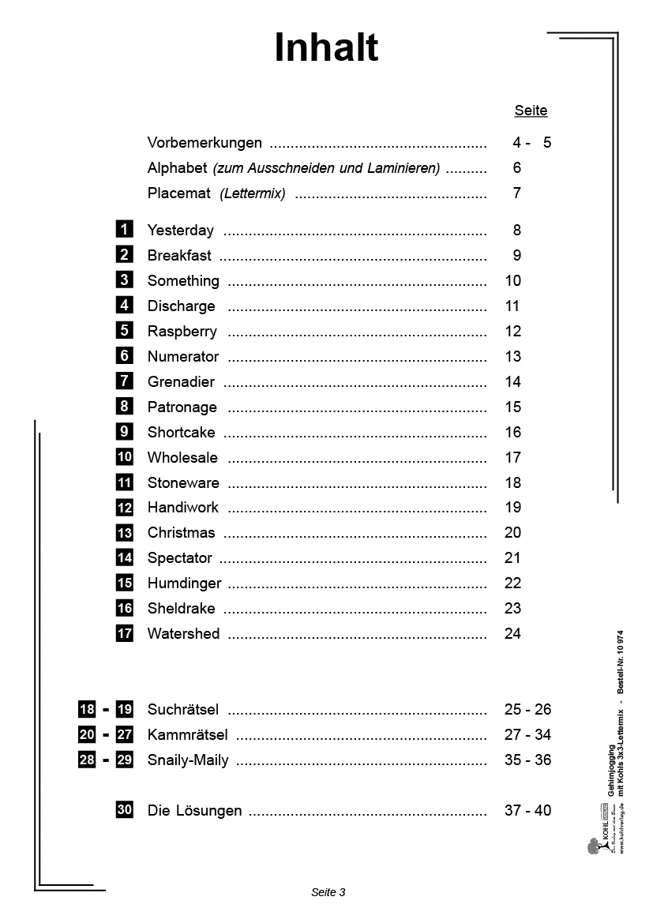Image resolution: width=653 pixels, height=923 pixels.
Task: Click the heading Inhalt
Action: click(x=326, y=48)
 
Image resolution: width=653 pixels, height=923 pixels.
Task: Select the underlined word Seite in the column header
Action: click(x=531, y=111)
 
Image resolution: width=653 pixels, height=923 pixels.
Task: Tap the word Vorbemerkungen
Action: click(x=205, y=143)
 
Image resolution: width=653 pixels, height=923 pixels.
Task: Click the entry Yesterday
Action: click(x=180, y=231)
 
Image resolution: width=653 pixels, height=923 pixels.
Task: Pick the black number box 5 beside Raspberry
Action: click(x=124, y=331)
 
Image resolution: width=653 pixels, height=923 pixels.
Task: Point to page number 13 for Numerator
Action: click(x=512, y=356)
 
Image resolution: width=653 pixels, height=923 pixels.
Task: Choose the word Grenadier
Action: click(x=181, y=381)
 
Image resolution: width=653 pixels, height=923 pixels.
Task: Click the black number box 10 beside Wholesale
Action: click(x=124, y=457)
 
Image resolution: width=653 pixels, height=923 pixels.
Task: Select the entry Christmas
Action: click(x=181, y=532)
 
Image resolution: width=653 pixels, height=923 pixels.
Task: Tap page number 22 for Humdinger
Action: click(x=512, y=583)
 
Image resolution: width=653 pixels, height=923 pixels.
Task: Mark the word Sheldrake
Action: click(x=181, y=608)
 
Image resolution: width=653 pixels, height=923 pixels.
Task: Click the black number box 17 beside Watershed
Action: click(x=124, y=633)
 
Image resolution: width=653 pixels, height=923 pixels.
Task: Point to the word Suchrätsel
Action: click(x=182, y=709)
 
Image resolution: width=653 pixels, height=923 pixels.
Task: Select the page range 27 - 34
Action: click(x=527, y=734)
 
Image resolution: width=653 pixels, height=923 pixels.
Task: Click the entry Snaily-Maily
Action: click(x=188, y=760)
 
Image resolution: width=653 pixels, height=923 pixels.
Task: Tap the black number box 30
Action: click(x=124, y=810)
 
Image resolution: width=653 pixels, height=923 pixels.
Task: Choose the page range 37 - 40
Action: click(x=527, y=810)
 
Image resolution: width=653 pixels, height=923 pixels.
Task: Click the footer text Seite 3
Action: click(x=328, y=892)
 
